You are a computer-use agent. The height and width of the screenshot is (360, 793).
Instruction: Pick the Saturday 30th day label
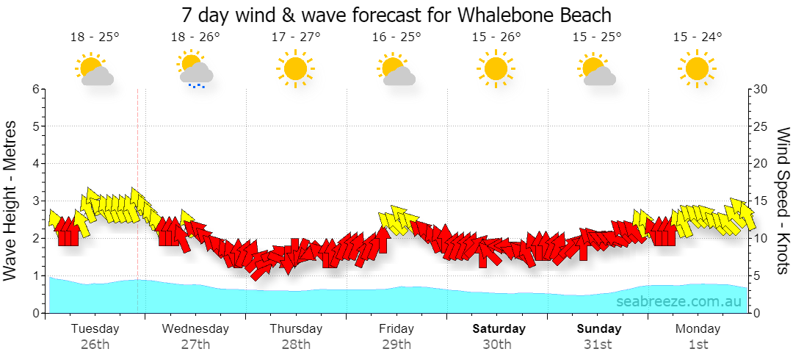[x=499, y=336]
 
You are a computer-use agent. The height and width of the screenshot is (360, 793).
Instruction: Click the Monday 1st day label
[x=698, y=336]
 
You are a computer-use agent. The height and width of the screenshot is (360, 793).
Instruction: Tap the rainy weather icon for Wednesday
[x=195, y=69]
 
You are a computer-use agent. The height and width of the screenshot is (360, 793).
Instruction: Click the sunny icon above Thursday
[x=295, y=68]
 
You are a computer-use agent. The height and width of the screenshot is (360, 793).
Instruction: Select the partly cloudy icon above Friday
[x=396, y=69]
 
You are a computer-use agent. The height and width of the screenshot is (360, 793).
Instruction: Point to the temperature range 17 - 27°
[x=296, y=37]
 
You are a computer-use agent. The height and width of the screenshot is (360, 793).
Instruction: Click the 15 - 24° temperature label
[x=698, y=37]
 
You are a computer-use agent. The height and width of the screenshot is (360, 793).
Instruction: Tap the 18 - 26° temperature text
[x=195, y=37]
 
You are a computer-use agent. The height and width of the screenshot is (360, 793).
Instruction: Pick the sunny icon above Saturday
[x=496, y=68]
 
